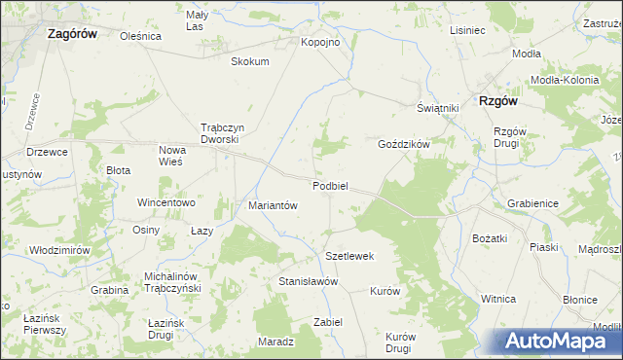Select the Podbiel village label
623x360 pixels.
point(331,186)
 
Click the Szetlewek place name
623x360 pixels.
point(350,256)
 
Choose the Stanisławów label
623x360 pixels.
point(308,281)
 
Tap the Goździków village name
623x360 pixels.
point(404,143)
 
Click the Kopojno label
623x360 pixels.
point(320,43)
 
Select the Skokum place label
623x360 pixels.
point(249,61)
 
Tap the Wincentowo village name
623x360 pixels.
point(167,203)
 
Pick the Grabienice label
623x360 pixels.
point(532,203)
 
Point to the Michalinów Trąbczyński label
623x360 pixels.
point(171,282)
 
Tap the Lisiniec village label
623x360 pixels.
point(467,30)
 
